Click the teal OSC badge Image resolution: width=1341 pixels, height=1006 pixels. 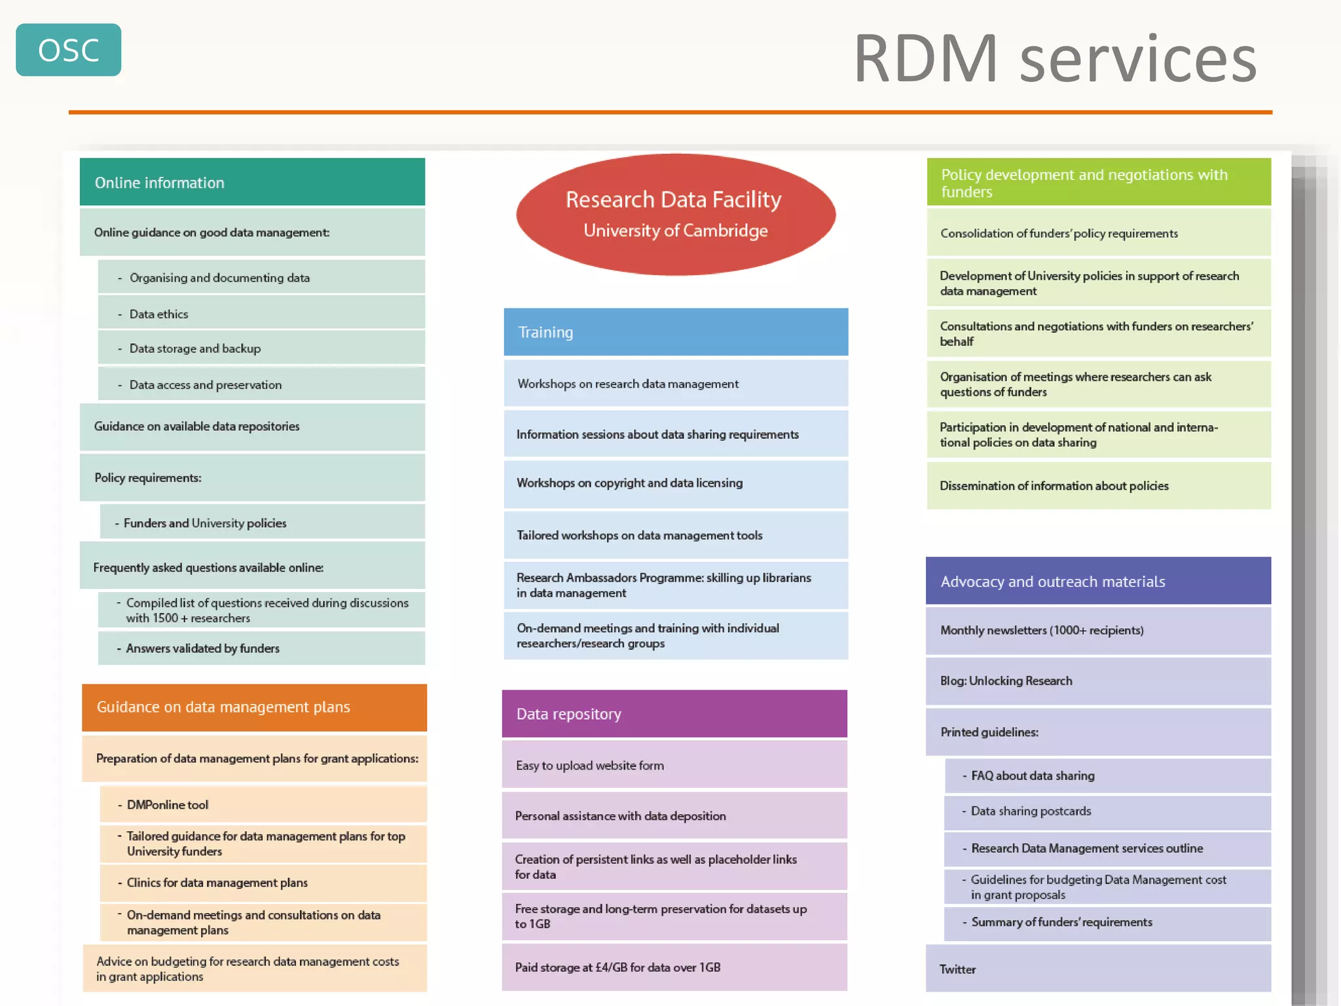[x=68, y=50]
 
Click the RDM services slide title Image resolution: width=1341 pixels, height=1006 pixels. [x=1054, y=59]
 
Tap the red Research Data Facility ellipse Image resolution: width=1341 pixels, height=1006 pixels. [x=675, y=214]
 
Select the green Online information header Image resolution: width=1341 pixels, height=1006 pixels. [x=252, y=182]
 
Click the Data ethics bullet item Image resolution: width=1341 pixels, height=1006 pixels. [x=261, y=314]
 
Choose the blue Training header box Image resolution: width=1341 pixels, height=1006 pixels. [x=675, y=332]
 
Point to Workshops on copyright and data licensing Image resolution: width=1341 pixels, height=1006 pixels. [x=675, y=483]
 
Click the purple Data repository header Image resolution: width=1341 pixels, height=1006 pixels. [x=674, y=714]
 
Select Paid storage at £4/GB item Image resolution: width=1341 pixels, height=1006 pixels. [x=674, y=967]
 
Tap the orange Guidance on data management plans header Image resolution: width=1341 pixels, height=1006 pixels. [x=254, y=707]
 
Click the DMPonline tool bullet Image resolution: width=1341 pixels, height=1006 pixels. [x=263, y=804]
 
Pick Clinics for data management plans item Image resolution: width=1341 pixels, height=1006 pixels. [x=263, y=883]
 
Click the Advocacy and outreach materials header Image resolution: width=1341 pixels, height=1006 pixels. [x=1098, y=581]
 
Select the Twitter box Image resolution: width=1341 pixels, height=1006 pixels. [x=1098, y=969]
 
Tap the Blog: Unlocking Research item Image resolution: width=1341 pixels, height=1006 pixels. [x=1098, y=680]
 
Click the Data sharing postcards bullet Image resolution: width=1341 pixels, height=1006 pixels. [x=1107, y=811]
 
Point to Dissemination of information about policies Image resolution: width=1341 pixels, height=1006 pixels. [x=1098, y=486]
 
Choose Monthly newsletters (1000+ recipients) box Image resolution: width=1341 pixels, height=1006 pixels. [x=1098, y=630]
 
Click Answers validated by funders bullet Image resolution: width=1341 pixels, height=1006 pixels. [x=261, y=648]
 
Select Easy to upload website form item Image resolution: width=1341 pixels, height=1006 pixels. [x=674, y=765]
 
